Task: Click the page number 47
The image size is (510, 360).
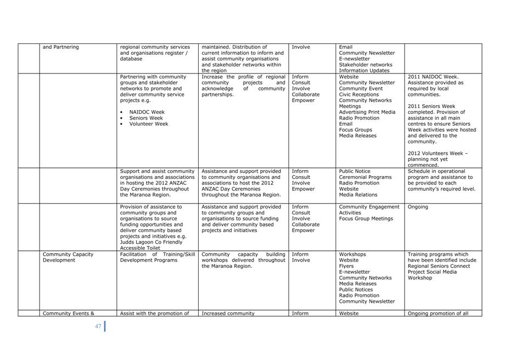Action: (x=98, y=327)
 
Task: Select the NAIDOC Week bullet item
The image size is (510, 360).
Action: (x=147, y=112)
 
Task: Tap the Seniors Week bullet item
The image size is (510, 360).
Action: (x=146, y=118)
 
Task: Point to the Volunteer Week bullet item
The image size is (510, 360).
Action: (x=148, y=124)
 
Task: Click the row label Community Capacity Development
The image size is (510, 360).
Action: (x=68, y=257)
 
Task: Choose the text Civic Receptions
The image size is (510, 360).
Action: (x=358, y=94)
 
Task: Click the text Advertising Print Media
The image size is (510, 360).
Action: (x=367, y=112)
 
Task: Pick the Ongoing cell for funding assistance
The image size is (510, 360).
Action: (x=418, y=207)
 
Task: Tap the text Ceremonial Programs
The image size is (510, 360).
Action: (x=365, y=177)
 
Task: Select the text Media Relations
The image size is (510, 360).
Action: (x=358, y=195)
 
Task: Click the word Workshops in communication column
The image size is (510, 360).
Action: (x=352, y=254)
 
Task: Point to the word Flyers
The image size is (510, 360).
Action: (x=346, y=266)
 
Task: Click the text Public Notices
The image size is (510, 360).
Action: (x=357, y=290)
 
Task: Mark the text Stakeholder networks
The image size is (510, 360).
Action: (x=366, y=65)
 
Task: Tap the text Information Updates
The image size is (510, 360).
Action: (x=364, y=71)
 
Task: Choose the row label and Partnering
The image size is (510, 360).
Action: (x=60, y=47)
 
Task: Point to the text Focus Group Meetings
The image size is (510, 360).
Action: (x=366, y=218)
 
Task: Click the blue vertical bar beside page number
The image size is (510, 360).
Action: (x=104, y=326)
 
